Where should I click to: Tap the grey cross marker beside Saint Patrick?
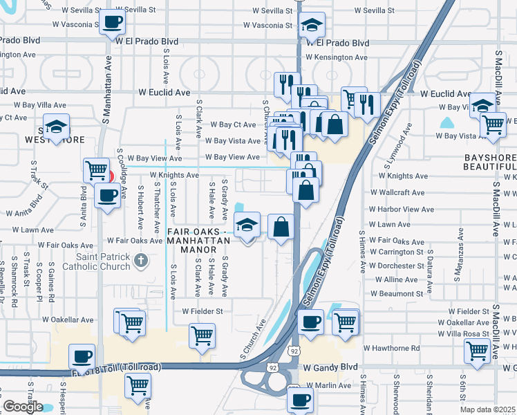[x=141, y=260]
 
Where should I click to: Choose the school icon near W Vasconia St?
[x=312, y=26]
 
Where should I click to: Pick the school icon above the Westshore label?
[x=56, y=126]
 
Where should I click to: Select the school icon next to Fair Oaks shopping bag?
[x=247, y=224]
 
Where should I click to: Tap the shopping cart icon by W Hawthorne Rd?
[x=478, y=351]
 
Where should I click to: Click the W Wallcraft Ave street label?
[x=397, y=192]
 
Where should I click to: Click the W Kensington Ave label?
[x=337, y=57]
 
